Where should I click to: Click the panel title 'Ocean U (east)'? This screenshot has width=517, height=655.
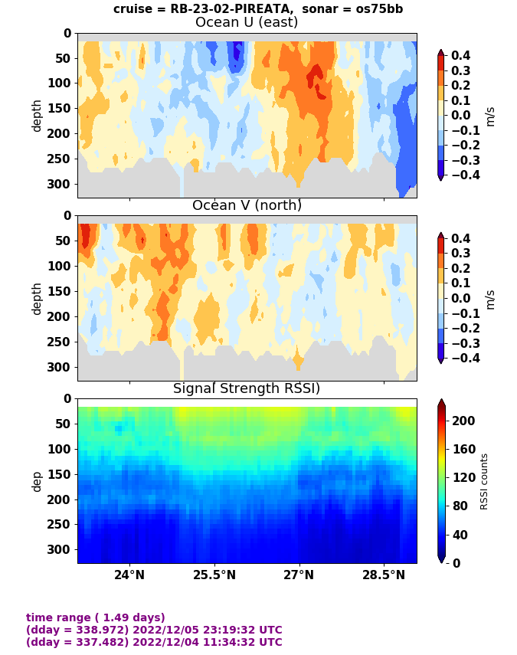[x=247, y=22]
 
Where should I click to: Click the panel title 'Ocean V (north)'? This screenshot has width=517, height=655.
[x=247, y=205]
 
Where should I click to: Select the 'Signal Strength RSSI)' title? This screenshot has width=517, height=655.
[x=247, y=388]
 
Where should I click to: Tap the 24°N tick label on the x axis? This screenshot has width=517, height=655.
[x=129, y=575]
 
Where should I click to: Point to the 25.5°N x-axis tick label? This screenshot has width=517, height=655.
[x=214, y=575]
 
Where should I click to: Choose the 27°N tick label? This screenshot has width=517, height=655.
[x=299, y=575]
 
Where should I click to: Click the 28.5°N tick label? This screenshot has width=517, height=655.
[x=384, y=575]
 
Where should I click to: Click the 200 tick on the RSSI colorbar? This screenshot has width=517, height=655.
[x=463, y=421]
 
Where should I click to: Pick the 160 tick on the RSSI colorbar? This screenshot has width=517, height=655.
[x=463, y=449]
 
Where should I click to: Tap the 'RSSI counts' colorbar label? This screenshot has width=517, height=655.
[x=484, y=481]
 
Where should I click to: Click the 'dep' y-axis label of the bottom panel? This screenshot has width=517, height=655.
[x=37, y=481]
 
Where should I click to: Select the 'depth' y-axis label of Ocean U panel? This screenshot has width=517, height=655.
[x=37, y=115]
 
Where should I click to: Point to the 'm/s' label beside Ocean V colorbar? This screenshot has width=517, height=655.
[x=490, y=299]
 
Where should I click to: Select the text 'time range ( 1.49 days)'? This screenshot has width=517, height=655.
[x=96, y=617]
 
